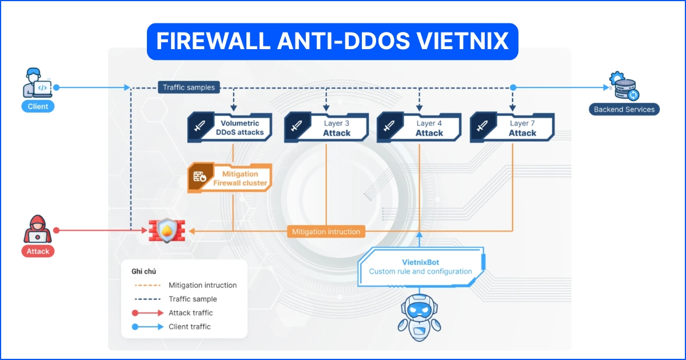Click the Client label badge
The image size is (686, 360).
tap(38, 106)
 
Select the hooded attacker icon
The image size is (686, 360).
tap(38, 229)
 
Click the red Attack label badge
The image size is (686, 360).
tap(38, 251)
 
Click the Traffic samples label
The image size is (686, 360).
tap(189, 87)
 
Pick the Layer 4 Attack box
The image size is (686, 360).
tap(419, 127)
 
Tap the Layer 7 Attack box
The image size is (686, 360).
tap(512, 127)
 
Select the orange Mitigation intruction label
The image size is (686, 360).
tap(326, 231)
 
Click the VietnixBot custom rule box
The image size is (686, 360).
tap(421, 266)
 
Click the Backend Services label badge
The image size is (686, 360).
tap(624, 109)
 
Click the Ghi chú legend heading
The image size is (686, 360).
tap(143, 271)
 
